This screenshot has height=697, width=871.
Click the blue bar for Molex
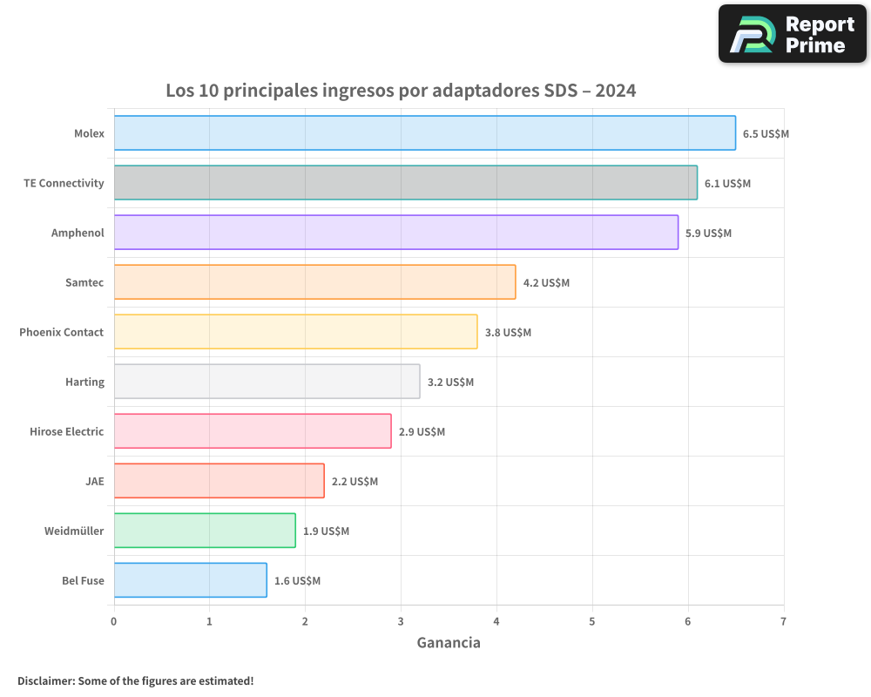(x=424, y=133)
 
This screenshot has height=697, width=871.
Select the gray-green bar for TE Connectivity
(x=405, y=183)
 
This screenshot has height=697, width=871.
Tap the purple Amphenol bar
(x=395, y=233)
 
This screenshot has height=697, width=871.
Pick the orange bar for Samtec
(x=314, y=282)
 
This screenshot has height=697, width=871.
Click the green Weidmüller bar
(x=205, y=531)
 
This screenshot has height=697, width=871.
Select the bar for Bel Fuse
(x=190, y=580)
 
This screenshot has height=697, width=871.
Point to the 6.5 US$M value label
(x=766, y=134)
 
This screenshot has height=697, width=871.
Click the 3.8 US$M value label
(x=508, y=333)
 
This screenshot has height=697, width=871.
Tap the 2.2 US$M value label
(x=354, y=482)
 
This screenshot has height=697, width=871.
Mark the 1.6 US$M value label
(x=297, y=581)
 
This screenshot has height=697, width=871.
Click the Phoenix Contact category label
(x=61, y=332)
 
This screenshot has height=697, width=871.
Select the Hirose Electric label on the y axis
(x=66, y=431)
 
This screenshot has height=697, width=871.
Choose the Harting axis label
(x=84, y=382)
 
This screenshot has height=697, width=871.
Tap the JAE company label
(x=94, y=481)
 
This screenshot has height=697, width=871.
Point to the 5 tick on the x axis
(x=592, y=622)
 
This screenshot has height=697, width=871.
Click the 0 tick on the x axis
(x=113, y=622)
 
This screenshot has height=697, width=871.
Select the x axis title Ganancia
(x=449, y=643)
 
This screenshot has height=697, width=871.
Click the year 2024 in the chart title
(x=616, y=91)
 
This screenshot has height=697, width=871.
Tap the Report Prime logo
(x=792, y=34)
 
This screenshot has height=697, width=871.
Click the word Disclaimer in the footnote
(x=44, y=681)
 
